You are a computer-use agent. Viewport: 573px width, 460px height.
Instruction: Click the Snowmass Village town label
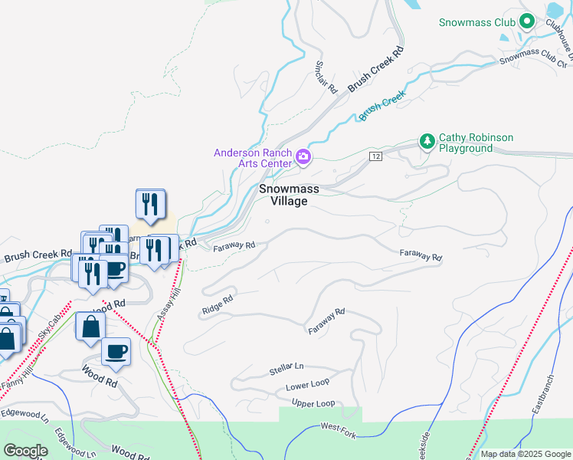[x=283, y=195]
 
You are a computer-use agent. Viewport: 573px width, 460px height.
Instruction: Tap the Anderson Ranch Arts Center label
[x=254, y=157]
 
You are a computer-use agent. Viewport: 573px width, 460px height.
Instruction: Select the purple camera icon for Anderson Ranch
[x=303, y=158]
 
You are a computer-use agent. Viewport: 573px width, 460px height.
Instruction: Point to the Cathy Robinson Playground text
[x=475, y=143]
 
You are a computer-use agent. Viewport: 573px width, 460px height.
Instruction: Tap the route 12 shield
[x=375, y=156]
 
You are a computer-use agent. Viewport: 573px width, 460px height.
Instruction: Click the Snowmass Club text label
[x=476, y=22]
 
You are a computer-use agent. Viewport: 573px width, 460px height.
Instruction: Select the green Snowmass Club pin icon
[x=526, y=21]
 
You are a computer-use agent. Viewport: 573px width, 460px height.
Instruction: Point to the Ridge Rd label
[x=217, y=305]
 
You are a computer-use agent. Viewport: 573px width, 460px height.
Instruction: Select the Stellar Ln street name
[x=286, y=370]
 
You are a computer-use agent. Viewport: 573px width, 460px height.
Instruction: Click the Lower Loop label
[x=307, y=386]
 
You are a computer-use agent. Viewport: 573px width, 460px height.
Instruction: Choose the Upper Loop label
[x=313, y=403]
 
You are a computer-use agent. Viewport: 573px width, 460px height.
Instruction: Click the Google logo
[x=26, y=451]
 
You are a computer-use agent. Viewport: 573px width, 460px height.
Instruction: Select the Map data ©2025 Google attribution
[x=525, y=454]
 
